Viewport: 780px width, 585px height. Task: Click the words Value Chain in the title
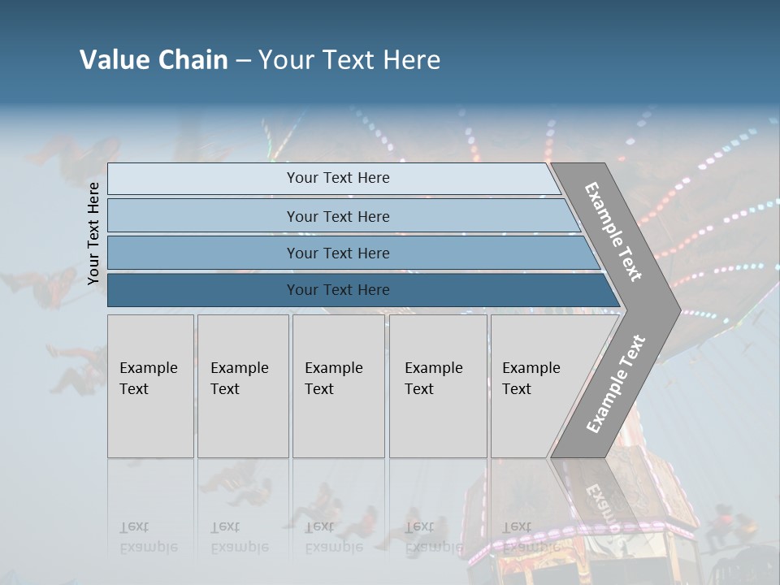(x=154, y=59)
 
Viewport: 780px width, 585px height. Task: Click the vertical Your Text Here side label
(x=93, y=233)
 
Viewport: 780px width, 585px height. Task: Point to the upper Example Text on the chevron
(x=613, y=232)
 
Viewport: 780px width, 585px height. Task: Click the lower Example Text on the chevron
(x=616, y=383)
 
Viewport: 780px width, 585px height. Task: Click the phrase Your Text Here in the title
(x=349, y=59)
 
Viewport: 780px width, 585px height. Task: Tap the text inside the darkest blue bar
(x=338, y=290)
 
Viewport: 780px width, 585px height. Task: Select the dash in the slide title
(x=243, y=59)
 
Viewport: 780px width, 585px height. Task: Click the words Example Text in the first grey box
(x=148, y=379)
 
